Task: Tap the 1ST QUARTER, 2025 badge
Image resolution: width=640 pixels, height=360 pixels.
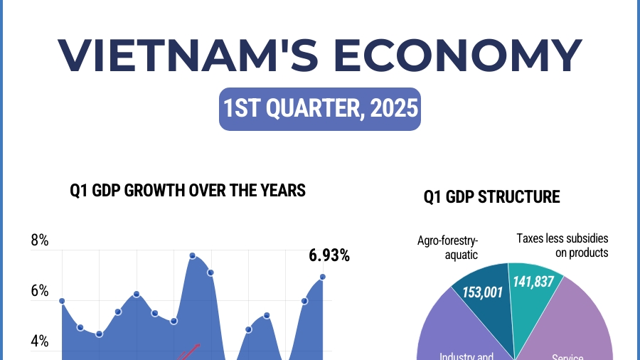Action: (x=319, y=110)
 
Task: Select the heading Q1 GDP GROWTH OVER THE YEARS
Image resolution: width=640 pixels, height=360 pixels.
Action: (x=188, y=190)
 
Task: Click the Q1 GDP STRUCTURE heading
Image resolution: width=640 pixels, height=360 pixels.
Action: (x=491, y=196)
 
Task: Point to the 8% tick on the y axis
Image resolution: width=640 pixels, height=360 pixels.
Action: (x=40, y=240)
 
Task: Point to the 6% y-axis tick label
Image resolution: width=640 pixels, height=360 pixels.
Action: (x=40, y=291)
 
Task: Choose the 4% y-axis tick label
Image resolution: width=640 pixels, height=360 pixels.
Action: (x=40, y=342)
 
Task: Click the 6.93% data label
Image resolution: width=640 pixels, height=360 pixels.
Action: (x=329, y=255)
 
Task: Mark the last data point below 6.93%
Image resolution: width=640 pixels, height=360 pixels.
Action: (x=322, y=276)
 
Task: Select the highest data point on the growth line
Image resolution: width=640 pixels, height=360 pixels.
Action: (x=192, y=255)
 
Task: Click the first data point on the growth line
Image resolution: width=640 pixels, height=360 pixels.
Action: (x=62, y=301)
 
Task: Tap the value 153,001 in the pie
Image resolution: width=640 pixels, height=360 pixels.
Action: (x=481, y=291)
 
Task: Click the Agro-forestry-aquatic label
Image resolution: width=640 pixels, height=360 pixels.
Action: (x=447, y=247)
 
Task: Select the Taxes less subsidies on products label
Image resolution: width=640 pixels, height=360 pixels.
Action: (x=562, y=245)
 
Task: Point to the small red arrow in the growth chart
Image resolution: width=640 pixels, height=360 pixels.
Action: (x=190, y=351)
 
